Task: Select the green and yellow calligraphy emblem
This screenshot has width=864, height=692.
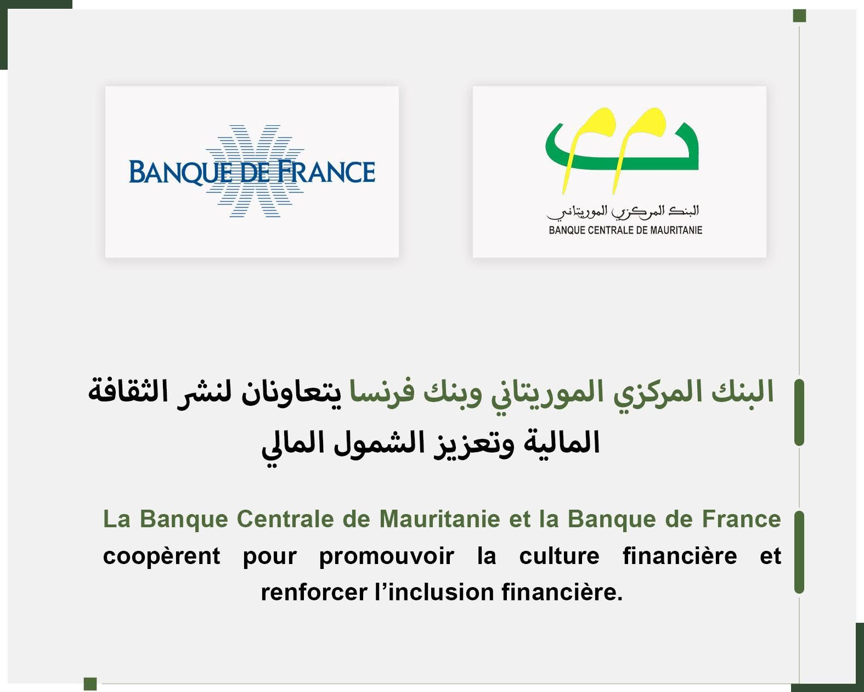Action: coord(622,151)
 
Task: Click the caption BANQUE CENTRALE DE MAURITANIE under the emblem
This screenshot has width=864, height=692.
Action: coord(625,231)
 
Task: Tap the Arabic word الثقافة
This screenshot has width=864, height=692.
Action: coord(128,391)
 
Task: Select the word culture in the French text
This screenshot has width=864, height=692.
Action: coord(560,556)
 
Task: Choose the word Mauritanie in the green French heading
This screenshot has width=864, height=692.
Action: coord(439,519)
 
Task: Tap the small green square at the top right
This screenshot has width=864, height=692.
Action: coord(799,16)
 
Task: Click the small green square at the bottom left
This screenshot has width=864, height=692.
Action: coord(91,684)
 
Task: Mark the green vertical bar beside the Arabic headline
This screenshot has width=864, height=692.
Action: coord(799,412)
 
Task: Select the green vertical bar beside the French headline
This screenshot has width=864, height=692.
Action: coord(799,552)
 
